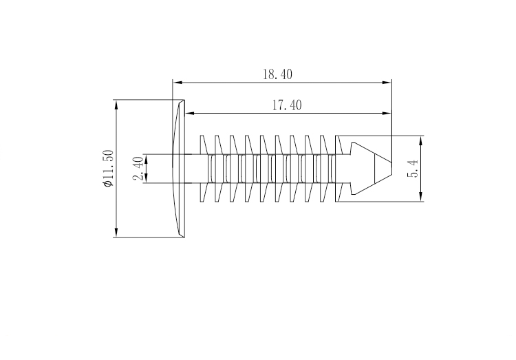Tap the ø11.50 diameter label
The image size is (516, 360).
[x=107, y=169]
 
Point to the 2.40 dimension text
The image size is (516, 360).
[x=138, y=169]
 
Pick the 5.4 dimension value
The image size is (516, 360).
[x=413, y=169]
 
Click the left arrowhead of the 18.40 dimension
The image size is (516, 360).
[x=177, y=83]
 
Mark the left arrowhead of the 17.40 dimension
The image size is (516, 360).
[x=191, y=114]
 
